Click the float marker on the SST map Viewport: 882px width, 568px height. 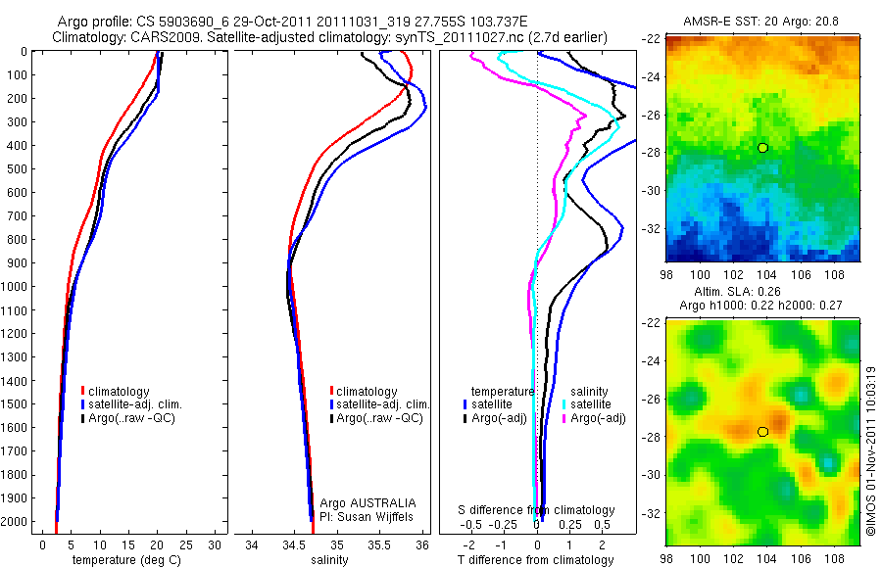click(762, 148)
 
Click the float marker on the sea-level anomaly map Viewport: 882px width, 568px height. click(762, 431)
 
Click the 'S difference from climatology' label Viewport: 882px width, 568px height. click(537, 510)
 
